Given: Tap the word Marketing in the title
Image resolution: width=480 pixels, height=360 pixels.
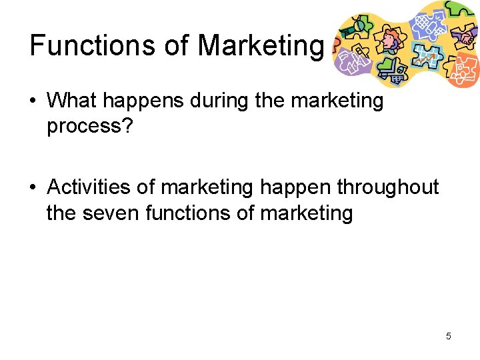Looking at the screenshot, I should tap(260, 45).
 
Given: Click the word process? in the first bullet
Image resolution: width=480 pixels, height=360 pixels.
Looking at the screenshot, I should tap(90, 126).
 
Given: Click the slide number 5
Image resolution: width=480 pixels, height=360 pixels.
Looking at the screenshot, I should tap(449, 336).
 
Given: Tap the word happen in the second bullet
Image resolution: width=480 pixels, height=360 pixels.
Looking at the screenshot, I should tap(295, 187).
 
